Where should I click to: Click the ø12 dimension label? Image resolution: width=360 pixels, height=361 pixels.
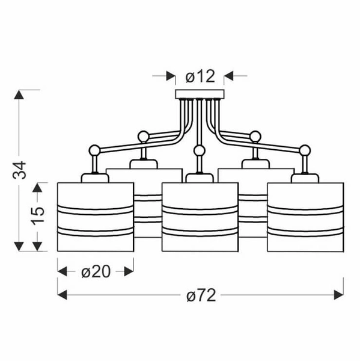pyautogui.click(x=200, y=76)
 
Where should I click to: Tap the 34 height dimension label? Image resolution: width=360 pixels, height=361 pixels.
pyautogui.click(x=19, y=170)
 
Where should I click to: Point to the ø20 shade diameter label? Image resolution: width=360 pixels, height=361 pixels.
pyautogui.click(x=96, y=272)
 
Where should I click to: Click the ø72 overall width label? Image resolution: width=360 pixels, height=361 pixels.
pyautogui.click(x=201, y=295)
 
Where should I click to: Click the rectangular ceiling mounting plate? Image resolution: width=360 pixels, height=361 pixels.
pyautogui.click(x=200, y=94)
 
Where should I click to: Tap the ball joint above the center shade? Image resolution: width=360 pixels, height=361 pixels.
pyautogui.click(x=199, y=151)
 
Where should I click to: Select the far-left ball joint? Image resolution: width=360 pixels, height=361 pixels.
pyautogui.click(x=94, y=150)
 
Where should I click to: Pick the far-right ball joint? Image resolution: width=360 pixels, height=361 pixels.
pyautogui.click(x=305, y=150)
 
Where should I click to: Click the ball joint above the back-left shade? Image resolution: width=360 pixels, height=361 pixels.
pyautogui.click(x=143, y=137)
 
